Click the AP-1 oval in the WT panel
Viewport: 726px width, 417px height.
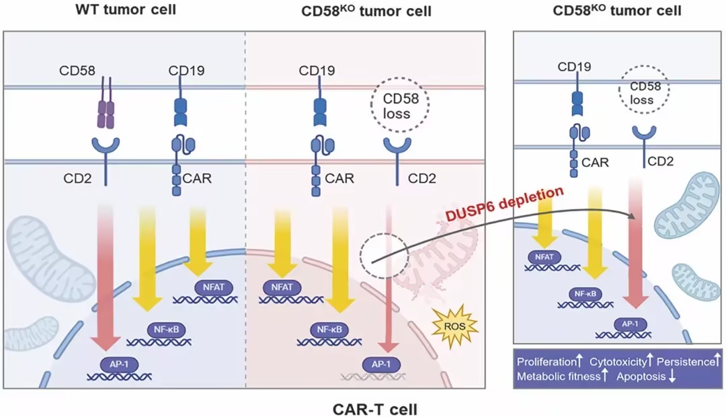click(x=111, y=363)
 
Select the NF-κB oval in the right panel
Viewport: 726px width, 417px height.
click(x=580, y=293)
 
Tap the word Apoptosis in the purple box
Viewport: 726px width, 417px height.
click(x=641, y=377)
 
